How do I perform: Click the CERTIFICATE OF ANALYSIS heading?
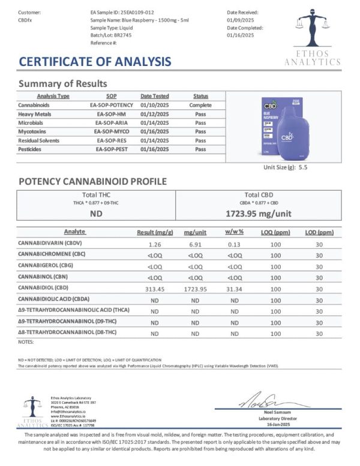click(95, 61)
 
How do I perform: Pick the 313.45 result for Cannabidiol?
click(155, 288)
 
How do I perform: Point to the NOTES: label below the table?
click(26, 341)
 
